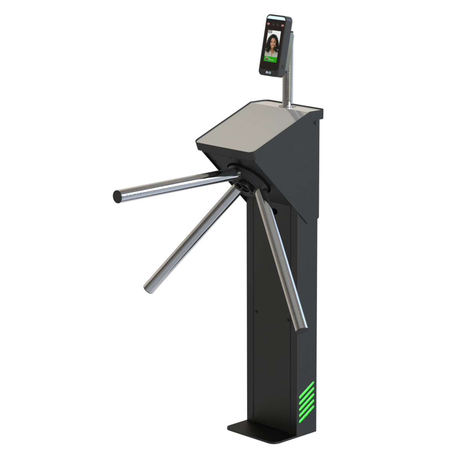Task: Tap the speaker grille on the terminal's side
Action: tap(284, 67)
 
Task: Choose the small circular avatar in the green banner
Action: tap(267, 59)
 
